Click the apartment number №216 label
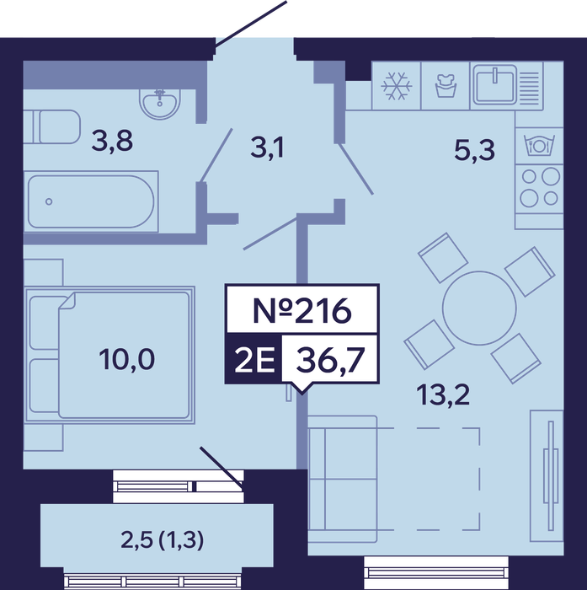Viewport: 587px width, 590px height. (x=302, y=310)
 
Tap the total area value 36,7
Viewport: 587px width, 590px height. (x=330, y=360)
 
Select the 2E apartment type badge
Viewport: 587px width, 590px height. (x=254, y=360)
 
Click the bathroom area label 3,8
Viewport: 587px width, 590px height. (x=112, y=142)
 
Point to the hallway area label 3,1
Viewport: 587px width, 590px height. (x=267, y=148)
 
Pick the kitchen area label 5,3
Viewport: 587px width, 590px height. (x=474, y=150)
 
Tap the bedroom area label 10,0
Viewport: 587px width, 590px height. (x=126, y=359)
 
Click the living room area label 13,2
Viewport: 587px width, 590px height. (x=443, y=395)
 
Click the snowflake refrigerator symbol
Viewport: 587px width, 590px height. (x=397, y=86)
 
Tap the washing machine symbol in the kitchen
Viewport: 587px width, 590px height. (x=446, y=86)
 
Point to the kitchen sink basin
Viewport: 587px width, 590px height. (x=495, y=84)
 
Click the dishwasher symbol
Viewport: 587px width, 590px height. (x=540, y=145)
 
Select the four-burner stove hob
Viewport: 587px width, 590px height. (x=540, y=187)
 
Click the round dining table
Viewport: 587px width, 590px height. (x=479, y=308)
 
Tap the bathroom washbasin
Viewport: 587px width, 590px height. (x=160, y=101)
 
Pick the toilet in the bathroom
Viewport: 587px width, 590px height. (x=52, y=126)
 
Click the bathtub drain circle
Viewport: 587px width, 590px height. (x=49, y=201)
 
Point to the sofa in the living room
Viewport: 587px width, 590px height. (x=343, y=479)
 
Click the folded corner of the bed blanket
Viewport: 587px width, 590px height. (x=67, y=302)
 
